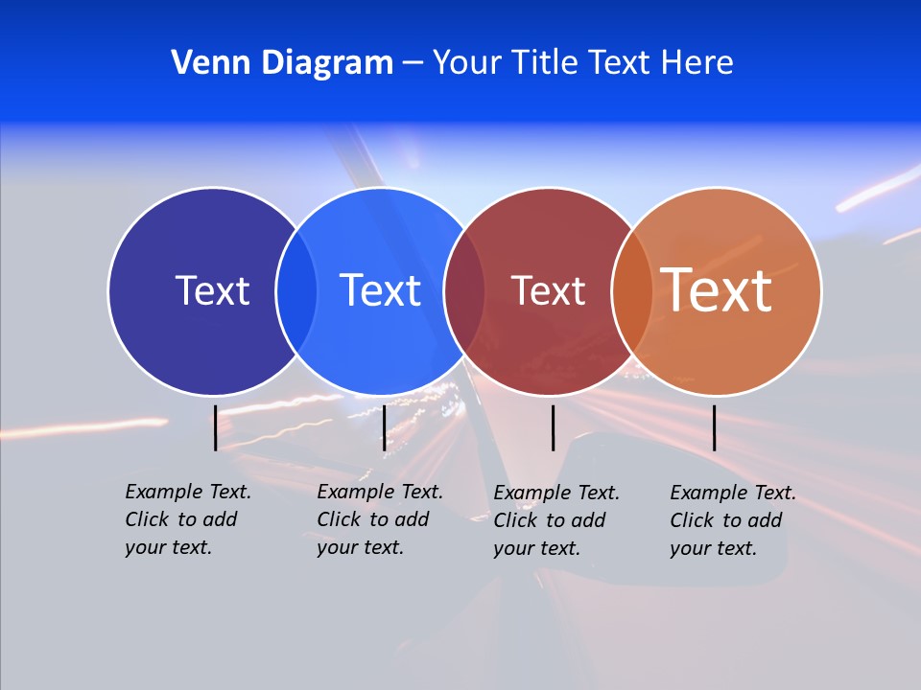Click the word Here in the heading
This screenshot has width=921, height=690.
pos(697,63)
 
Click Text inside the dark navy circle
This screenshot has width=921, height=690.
pos(212,290)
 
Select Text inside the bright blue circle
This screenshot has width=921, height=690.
pos(380,290)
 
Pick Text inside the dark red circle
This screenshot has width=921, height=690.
pos(548,291)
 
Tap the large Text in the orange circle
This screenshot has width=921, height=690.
pos(717,290)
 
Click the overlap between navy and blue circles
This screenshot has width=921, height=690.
pos(296,291)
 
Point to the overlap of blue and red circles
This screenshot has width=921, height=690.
pos(464,291)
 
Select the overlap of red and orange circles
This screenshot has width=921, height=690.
pos(632,291)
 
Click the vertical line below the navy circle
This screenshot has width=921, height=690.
pos(216,427)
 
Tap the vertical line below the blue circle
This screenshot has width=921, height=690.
pos(384,427)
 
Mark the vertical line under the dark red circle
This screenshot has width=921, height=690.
pos(554,427)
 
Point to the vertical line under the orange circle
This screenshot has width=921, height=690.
pos(715,427)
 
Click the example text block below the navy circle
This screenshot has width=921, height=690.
pos(187,519)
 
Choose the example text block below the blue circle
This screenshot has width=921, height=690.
pos(379,519)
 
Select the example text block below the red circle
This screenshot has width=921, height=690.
pos(555,520)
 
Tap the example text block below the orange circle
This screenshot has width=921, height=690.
pos(732,520)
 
